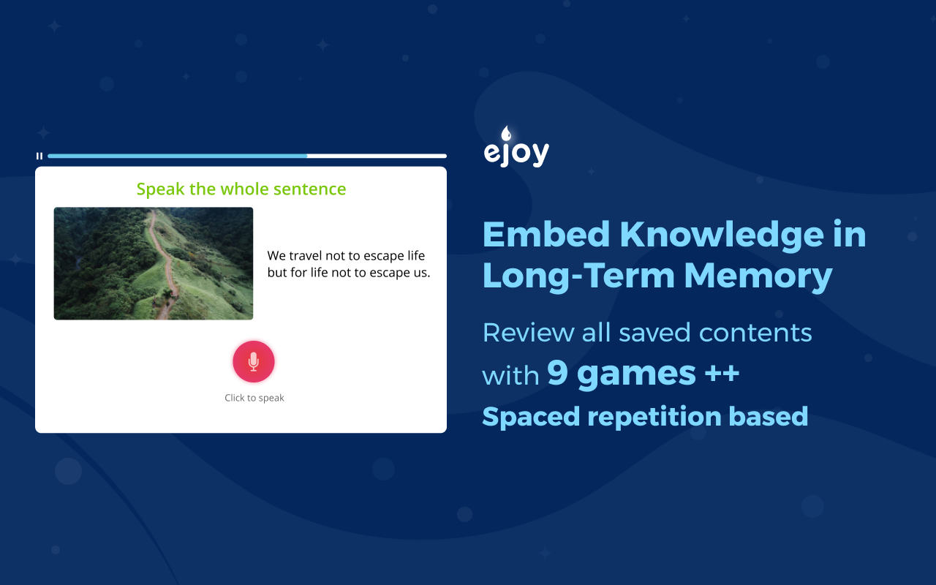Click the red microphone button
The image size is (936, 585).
[x=253, y=361]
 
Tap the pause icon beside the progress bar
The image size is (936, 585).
[x=39, y=156]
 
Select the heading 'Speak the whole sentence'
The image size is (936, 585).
[x=241, y=189]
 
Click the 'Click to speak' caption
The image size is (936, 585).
[x=254, y=398]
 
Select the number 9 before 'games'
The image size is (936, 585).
[x=557, y=374]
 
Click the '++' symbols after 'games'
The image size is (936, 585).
[x=722, y=374]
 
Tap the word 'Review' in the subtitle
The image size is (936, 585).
[x=528, y=333]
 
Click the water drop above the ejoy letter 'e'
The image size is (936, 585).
[x=505, y=133]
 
